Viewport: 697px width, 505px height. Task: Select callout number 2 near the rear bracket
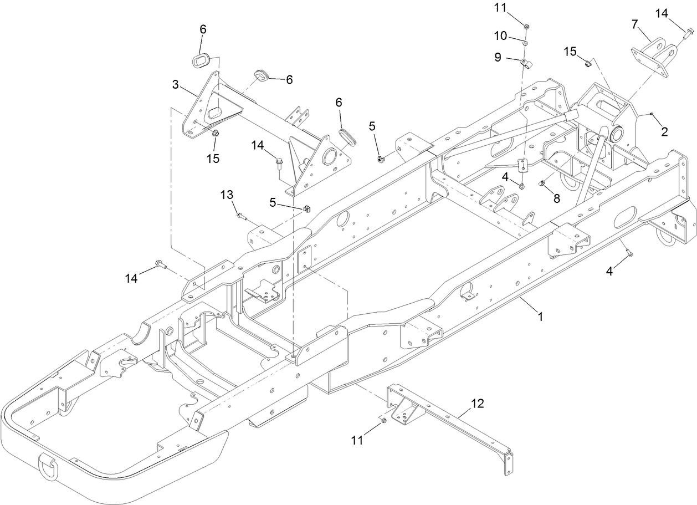[664, 131]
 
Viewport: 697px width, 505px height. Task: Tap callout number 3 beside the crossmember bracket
[176, 84]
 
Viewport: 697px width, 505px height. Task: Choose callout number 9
[497, 57]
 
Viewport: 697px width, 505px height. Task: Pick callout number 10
[500, 35]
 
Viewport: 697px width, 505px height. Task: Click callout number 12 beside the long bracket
[477, 403]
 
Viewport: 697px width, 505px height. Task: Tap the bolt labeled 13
[241, 216]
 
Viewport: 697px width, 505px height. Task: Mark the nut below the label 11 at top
[526, 26]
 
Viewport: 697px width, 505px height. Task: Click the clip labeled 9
[525, 63]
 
